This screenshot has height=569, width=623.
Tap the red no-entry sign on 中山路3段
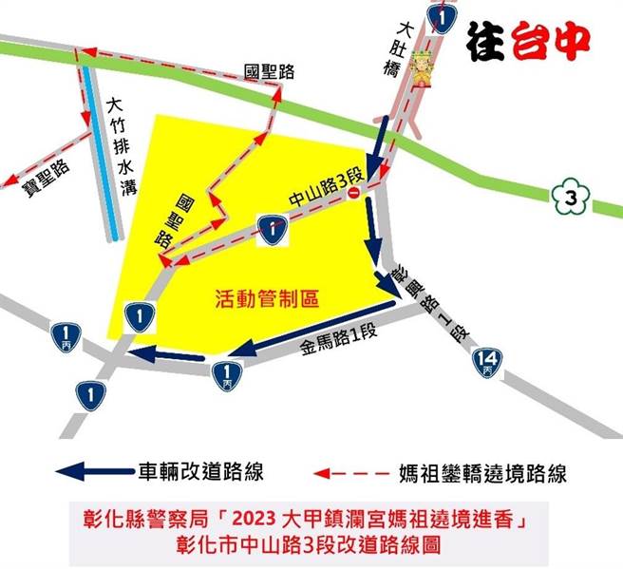coord(353,194)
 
